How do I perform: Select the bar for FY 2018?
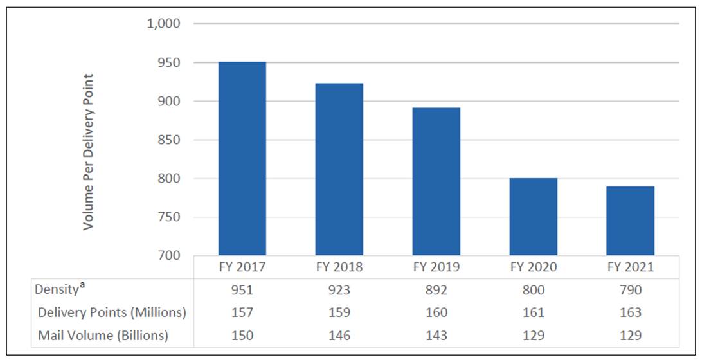click(x=339, y=169)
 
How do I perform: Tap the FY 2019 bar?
click(x=436, y=181)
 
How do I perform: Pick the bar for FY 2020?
click(x=533, y=217)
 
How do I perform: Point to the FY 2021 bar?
click(x=630, y=221)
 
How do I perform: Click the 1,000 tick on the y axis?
click(x=164, y=24)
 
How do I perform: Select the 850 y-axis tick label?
click(x=168, y=139)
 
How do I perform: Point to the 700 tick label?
click(x=168, y=255)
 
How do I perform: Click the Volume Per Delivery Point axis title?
click(x=89, y=152)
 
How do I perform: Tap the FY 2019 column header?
click(x=436, y=267)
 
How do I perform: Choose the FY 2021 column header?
click(x=630, y=267)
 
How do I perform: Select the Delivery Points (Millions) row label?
click(x=112, y=312)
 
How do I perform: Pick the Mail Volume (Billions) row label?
click(x=103, y=335)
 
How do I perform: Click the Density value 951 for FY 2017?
click(x=242, y=290)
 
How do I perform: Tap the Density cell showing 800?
click(x=533, y=290)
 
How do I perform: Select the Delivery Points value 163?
click(x=630, y=312)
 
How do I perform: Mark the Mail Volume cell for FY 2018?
click(x=339, y=335)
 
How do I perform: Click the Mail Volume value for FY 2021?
click(x=630, y=335)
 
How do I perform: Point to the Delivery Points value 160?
click(x=436, y=312)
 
